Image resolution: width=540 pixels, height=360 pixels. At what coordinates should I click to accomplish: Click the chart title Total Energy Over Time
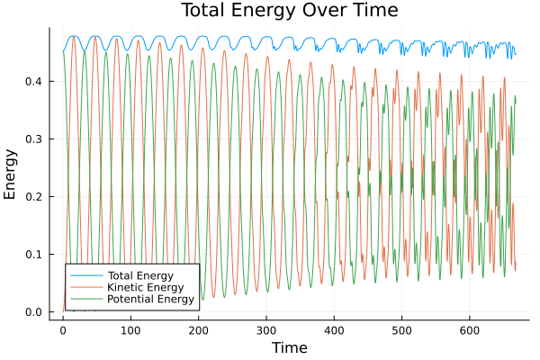(x=288, y=11)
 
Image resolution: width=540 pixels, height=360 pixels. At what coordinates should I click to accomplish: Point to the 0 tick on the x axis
(x=62, y=330)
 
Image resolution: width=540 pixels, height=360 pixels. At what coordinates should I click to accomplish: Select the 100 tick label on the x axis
(x=130, y=330)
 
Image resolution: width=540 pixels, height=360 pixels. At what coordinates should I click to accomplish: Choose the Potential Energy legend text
(x=149, y=299)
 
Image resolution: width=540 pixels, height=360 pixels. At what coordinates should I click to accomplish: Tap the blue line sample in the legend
(x=85, y=274)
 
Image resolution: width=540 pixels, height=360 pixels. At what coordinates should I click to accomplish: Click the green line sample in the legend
(x=85, y=299)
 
